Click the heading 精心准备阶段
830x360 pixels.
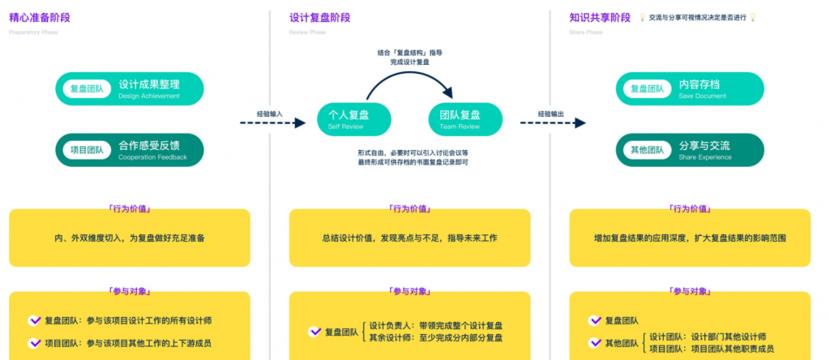coord(39,17)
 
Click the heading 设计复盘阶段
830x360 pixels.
coord(319,17)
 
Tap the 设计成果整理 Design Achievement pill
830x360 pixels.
coord(129,88)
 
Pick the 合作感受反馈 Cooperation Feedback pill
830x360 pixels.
coord(129,150)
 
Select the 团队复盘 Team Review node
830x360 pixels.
coord(466,118)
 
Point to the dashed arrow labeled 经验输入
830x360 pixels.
coord(264,123)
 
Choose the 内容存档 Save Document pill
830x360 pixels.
coord(690,88)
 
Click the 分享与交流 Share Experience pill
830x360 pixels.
coord(690,150)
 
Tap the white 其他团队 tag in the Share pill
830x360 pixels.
coord(647,150)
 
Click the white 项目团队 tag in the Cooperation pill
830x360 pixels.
coord(87,150)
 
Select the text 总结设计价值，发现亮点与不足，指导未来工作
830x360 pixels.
coord(409,238)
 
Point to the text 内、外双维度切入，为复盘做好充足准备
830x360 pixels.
coord(129,238)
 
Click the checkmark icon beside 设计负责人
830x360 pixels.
coord(314,332)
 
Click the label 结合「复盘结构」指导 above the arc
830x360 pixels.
coord(410,53)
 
